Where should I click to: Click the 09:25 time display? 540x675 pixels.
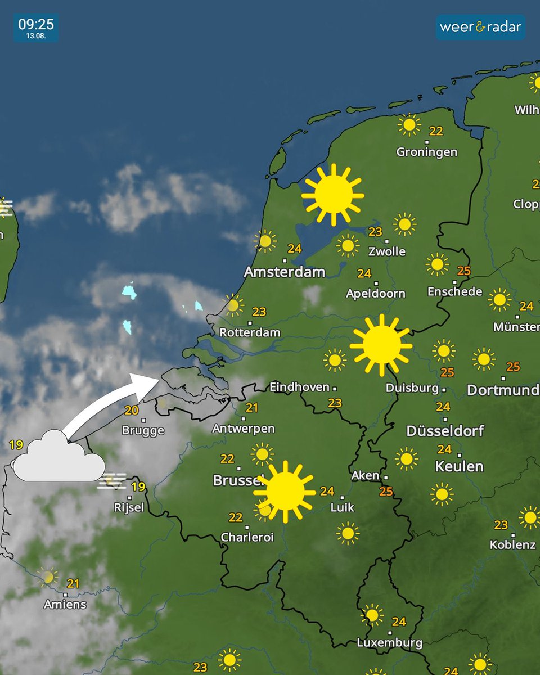(x=35, y=24)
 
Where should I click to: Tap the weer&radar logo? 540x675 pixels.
(x=480, y=27)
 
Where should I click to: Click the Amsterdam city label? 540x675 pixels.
(x=284, y=272)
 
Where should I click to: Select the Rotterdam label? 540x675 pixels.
(x=250, y=332)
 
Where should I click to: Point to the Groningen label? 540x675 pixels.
(x=426, y=152)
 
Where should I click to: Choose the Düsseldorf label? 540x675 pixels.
(x=445, y=431)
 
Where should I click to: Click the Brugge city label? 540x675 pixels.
(x=143, y=431)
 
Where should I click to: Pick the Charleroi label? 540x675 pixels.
(x=247, y=537)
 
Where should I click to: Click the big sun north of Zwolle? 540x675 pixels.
(x=333, y=195)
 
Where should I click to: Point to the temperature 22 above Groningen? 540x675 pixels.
(x=436, y=131)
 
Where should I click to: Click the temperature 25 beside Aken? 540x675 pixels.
(x=386, y=492)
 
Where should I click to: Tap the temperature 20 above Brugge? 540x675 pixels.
(x=131, y=411)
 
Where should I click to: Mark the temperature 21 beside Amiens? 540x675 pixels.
(x=73, y=584)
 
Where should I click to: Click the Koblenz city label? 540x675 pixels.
(x=512, y=544)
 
